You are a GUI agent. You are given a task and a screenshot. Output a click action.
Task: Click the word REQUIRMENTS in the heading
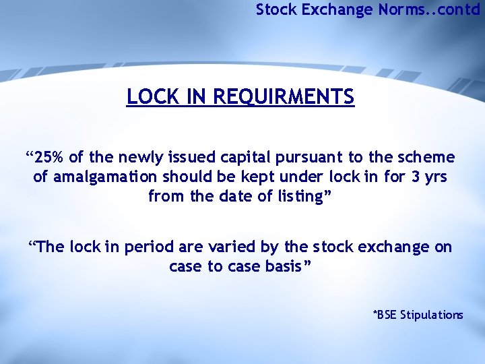pyautogui.click(x=283, y=97)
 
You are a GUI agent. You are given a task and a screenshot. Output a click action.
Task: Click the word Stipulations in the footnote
pyautogui.click(x=432, y=315)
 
